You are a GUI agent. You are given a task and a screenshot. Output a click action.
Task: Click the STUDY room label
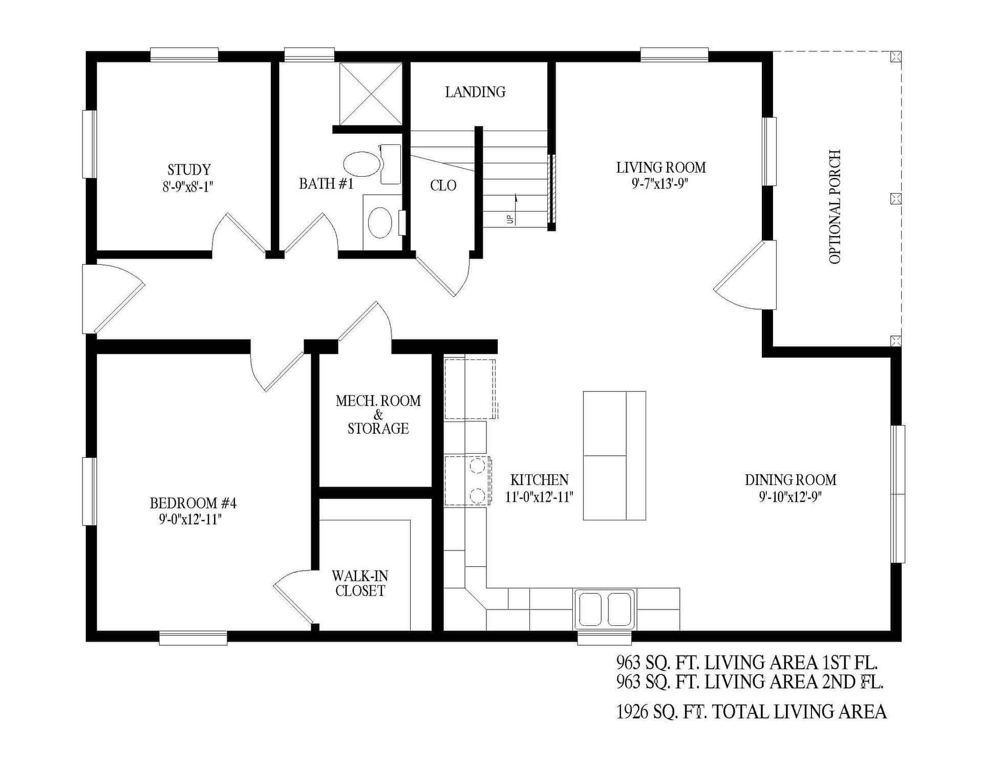pyautogui.click(x=189, y=170)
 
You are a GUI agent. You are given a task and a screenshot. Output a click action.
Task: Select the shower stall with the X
pyautogui.click(x=371, y=94)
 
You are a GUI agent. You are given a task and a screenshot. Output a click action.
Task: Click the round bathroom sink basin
pyautogui.click(x=380, y=223)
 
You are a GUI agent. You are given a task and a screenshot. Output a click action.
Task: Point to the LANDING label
pyautogui.click(x=475, y=92)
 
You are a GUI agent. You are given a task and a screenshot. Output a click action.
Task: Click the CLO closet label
pyautogui.click(x=443, y=185)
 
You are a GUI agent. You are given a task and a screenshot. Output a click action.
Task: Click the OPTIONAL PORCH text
pyautogui.click(x=835, y=207)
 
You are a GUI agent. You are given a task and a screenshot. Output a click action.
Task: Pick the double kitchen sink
pyautogui.click(x=605, y=609)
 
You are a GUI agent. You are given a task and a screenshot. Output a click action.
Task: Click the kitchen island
pyautogui.click(x=614, y=455)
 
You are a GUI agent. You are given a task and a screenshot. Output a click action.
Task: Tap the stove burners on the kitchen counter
pyautogui.click(x=477, y=480)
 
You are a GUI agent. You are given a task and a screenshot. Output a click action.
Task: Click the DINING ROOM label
pyautogui.click(x=790, y=480)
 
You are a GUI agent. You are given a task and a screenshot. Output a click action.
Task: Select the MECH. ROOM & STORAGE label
pyautogui.click(x=378, y=414)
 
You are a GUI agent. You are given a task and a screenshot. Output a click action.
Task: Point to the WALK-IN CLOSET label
pyautogui.click(x=359, y=583)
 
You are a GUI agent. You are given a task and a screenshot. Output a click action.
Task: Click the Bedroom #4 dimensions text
pyautogui.click(x=190, y=520)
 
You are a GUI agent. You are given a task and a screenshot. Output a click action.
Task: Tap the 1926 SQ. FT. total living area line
pyautogui.click(x=751, y=712)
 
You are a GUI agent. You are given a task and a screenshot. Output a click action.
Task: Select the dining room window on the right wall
pyautogui.click(x=897, y=494)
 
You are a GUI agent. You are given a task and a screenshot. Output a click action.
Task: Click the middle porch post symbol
pyautogui.click(x=895, y=198)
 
